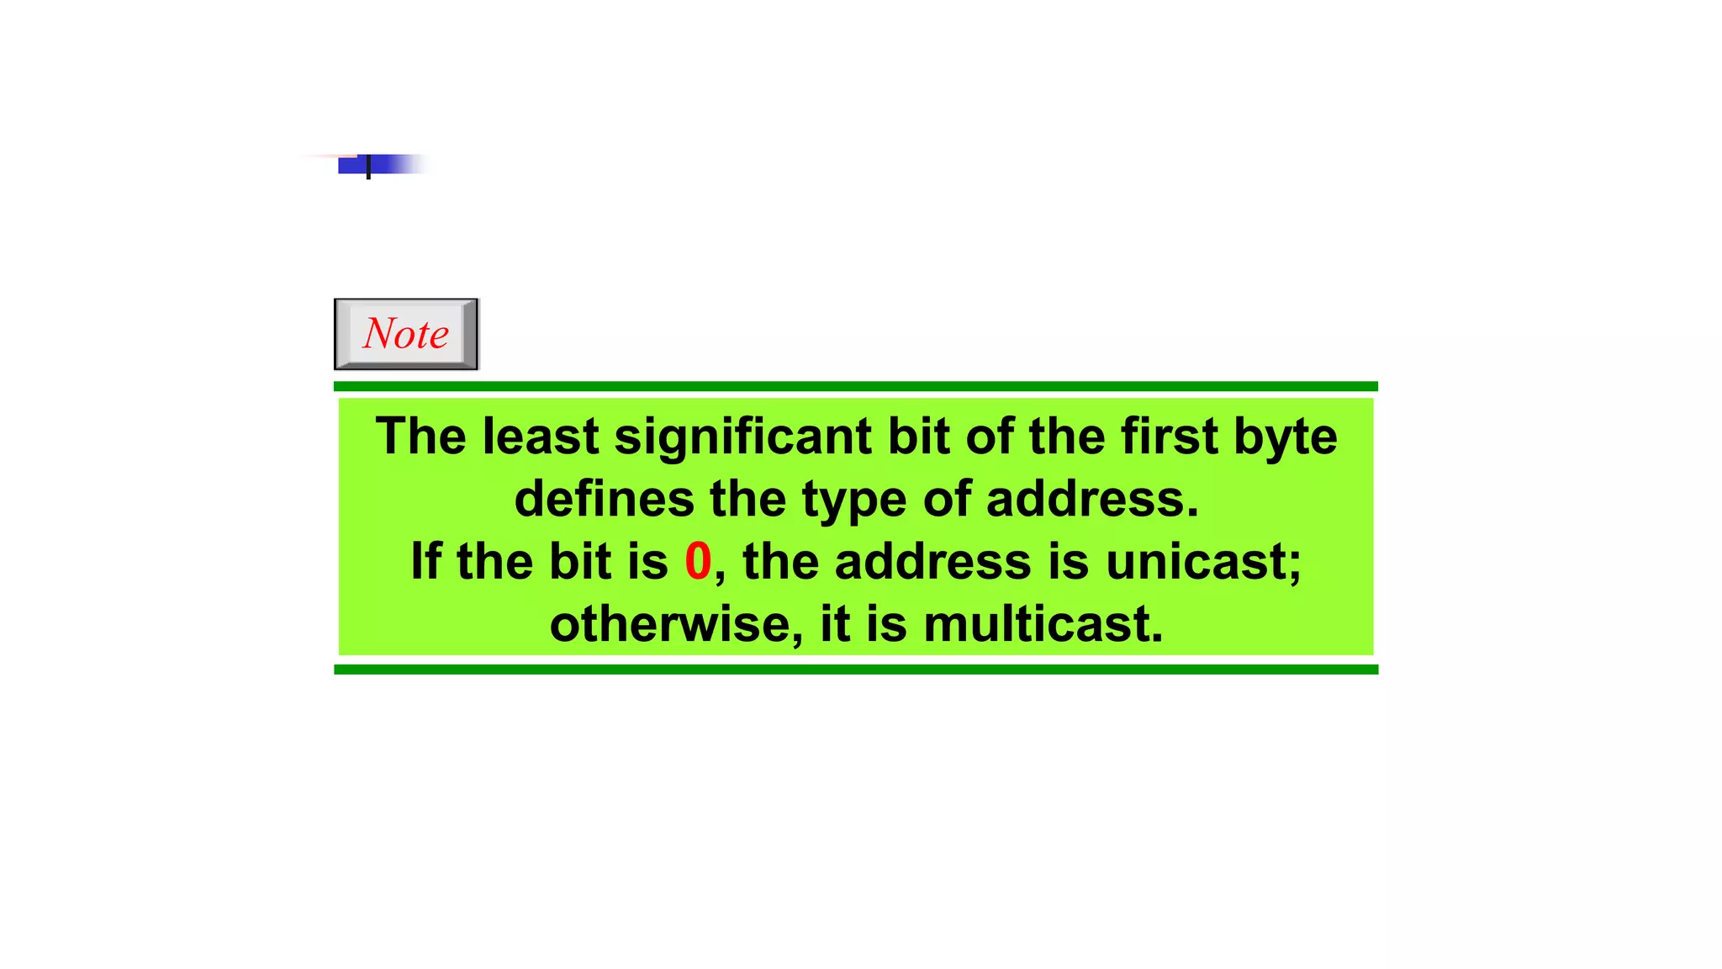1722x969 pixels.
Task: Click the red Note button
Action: tap(406, 334)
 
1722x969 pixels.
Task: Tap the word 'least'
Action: tap(541, 437)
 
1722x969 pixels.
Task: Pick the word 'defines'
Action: tap(605, 499)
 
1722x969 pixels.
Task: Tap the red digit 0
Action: tap(698, 561)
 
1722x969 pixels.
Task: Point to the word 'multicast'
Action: tap(1043, 624)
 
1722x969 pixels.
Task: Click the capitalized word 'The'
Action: tap(421, 437)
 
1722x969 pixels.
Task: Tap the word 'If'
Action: tap(425, 561)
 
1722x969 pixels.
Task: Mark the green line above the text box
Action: tap(856, 387)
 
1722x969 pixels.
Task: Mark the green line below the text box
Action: tap(856, 670)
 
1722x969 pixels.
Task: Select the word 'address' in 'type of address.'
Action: tap(1091, 499)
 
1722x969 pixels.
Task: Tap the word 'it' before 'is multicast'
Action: tap(835, 624)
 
